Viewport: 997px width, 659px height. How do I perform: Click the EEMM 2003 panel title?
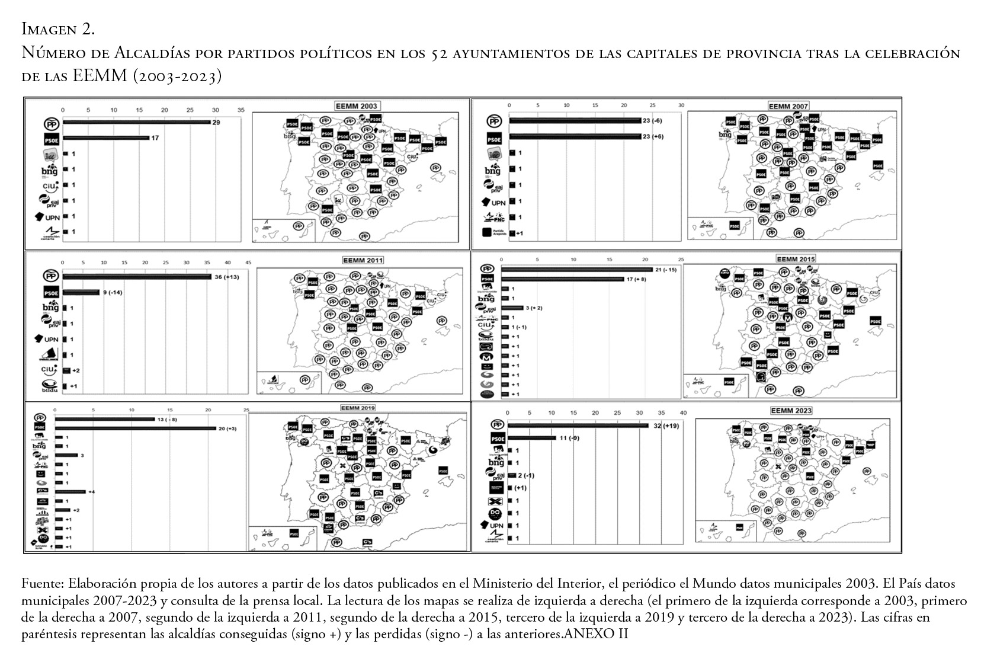coord(355,106)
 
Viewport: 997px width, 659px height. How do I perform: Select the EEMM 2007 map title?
coord(788,106)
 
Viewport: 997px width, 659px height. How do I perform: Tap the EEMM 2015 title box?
coord(796,259)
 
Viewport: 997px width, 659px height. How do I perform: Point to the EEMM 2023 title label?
coord(791,410)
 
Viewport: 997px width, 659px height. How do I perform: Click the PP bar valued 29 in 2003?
coord(137,122)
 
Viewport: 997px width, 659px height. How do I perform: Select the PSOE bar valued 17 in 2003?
coord(106,138)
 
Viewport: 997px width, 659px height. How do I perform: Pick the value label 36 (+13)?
coord(227,277)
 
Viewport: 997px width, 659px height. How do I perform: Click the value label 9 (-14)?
coord(113,292)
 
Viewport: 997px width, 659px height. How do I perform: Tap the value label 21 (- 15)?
coord(666,270)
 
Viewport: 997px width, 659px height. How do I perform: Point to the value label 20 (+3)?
coord(227,428)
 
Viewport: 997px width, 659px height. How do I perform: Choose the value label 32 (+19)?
coord(666,426)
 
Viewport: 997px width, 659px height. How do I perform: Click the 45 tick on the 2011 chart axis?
coord(248,263)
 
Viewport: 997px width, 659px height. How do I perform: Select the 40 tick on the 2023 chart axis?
coord(683,413)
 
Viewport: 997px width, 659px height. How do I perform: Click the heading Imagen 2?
coord(58,28)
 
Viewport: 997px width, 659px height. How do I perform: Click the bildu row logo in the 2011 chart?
coord(50,386)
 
